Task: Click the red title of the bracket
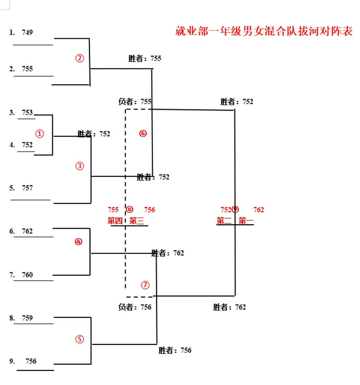(x=264, y=32)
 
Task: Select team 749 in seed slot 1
(x=27, y=32)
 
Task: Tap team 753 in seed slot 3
(x=27, y=113)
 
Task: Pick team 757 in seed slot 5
(x=27, y=188)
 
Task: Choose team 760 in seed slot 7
(x=27, y=275)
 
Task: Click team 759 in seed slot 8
(x=27, y=318)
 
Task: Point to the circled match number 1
(x=40, y=134)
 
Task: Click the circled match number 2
(x=80, y=58)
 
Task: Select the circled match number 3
(x=80, y=166)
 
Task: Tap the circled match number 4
(x=79, y=242)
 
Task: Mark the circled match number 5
(x=80, y=340)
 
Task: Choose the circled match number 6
(x=143, y=133)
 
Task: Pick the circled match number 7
(x=144, y=285)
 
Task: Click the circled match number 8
(x=130, y=210)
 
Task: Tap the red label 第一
(x=246, y=221)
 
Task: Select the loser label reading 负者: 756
(x=135, y=307)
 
